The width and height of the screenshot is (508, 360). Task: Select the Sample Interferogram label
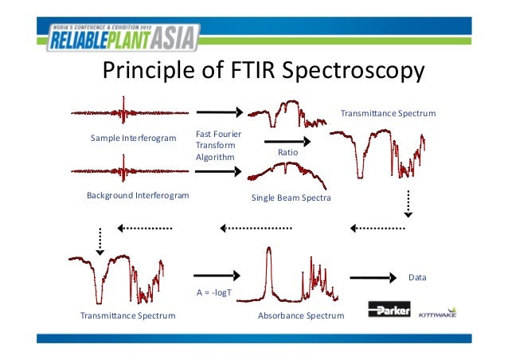tap(133, 139)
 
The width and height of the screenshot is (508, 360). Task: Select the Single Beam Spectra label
tap(291, 197)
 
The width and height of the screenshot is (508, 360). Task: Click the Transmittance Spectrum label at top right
tap(388, 114)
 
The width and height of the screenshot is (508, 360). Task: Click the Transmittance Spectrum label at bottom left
tap(128, 316)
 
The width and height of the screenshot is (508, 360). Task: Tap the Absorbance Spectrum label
tap(301, 316)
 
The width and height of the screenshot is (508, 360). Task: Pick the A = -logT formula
tap(213, 292)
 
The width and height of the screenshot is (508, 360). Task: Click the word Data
tap(417, 278)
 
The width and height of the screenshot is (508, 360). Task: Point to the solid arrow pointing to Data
tap(373, 277)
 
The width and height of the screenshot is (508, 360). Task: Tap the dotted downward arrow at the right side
tap(408, 203)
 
